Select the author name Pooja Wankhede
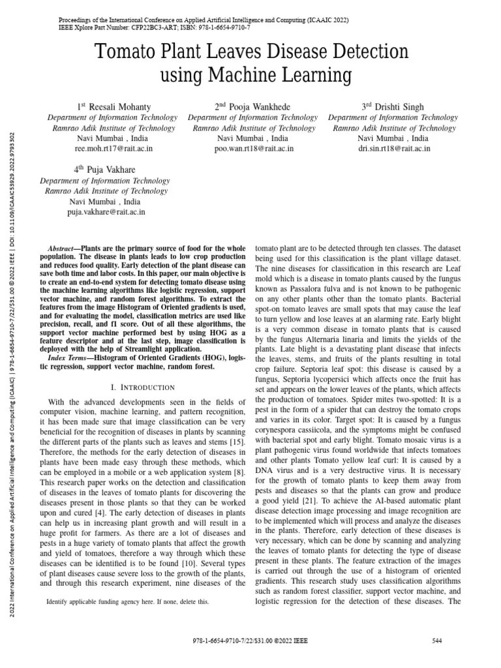[x=252, y=107]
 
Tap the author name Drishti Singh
[x=393, y=107]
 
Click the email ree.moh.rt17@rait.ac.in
[x=114, y=149]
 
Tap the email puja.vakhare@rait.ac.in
[x=106, y=212]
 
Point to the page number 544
[x=438, y=641]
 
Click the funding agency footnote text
[x=128, y=602]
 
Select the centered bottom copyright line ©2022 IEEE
[x=250, y=641]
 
